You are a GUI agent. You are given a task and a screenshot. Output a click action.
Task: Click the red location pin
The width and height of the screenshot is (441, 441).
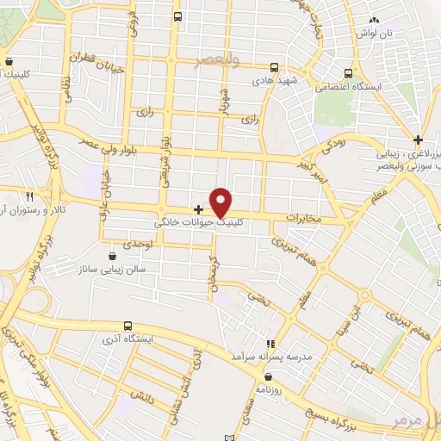coord(221,202)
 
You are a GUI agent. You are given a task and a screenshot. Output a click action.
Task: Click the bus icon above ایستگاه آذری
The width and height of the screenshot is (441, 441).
coord(128,326)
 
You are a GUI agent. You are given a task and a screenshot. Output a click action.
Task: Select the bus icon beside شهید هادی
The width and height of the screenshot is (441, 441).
coord(274,66)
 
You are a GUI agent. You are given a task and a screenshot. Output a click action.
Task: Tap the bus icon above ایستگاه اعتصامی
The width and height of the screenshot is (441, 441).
coord(347,73)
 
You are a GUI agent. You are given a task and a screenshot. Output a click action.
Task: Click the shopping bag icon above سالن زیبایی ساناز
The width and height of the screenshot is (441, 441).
coord(113,256)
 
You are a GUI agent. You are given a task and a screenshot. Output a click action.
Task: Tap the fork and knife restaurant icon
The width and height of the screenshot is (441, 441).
coord(30,196)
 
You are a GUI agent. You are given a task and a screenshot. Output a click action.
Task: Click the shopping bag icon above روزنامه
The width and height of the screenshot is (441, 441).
coord(269,376)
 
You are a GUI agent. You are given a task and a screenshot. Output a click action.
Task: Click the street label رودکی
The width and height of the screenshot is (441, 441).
coord(331,148)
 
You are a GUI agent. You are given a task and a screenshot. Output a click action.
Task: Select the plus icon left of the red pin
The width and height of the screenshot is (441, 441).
coord(198,209)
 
